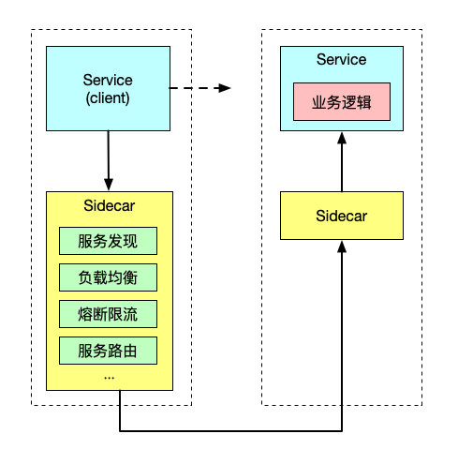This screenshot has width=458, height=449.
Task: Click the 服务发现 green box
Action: tap(110, 241)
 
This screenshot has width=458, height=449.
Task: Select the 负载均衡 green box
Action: tap(110, 277)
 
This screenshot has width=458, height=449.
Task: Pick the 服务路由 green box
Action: tap(110, 351)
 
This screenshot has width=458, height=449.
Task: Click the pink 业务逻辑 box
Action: tap(341, 102)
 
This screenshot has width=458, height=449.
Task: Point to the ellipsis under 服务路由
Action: tap(110, 376)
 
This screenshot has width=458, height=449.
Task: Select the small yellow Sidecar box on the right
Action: tap(341, 217)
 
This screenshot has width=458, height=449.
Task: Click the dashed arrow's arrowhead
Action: tap(223, 88)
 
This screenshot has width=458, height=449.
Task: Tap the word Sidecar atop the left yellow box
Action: tap(110, 206)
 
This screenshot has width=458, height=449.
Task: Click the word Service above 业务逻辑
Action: tap(341, 61)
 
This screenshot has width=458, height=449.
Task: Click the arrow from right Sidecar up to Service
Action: tap(341, 164)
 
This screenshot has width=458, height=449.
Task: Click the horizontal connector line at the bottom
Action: tap(229, 432)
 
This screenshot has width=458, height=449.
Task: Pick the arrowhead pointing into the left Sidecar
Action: tap(110, 184)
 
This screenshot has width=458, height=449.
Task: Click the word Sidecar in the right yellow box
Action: tap(341, 217)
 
